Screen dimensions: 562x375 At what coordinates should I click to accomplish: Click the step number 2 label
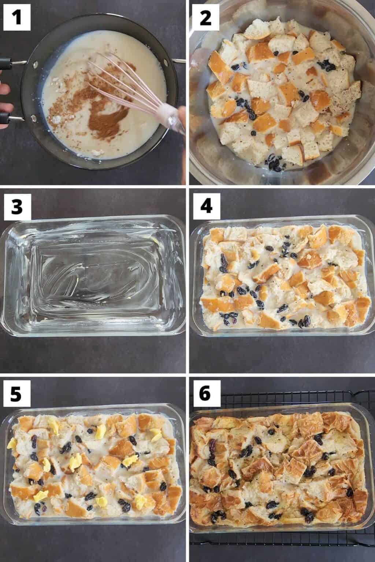[206, 17]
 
